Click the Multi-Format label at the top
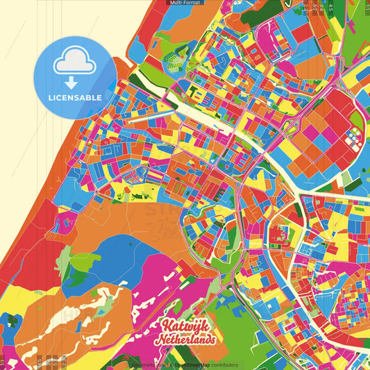point(185,3)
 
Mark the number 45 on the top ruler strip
point(331,8)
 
